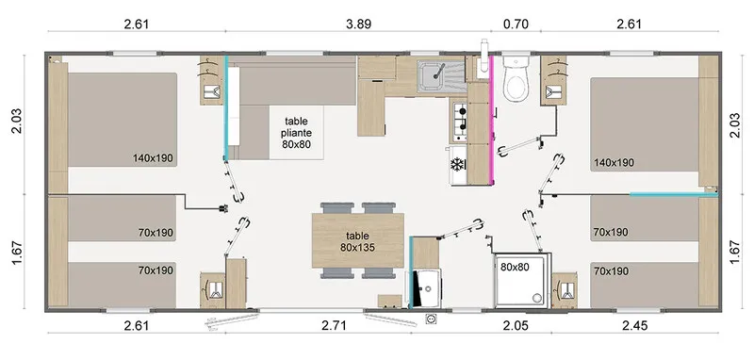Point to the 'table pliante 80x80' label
(296, 132)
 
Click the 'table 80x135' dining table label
(358, 241)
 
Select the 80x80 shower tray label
(515, 268)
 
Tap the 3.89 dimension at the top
(359, 25)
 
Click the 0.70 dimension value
(516, 25)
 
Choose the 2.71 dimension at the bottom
(334, 326)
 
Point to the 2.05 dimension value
(516, 326)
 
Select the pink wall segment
(491, 121)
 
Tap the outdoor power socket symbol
(431, 319)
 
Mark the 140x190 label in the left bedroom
(153, 157)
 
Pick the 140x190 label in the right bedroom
(614, 162)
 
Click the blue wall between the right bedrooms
(674, 195)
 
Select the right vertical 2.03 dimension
(736, 125)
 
